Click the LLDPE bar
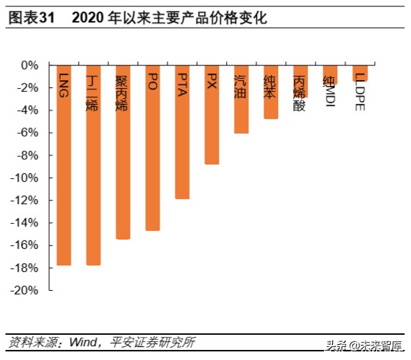[x=360, y=73]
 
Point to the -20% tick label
[x=26, y=290]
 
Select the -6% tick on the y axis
[x=29, y=133]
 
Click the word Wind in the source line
[x=84, y=341]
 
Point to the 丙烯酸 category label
[x=300, y=94]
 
